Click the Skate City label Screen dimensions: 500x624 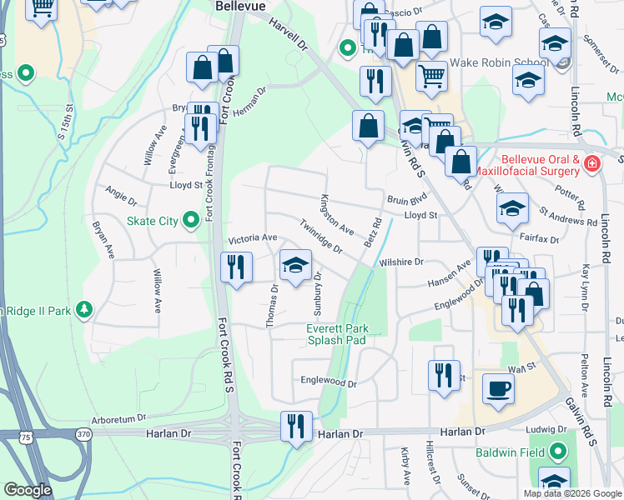pyautogui.click(x=152, y=221)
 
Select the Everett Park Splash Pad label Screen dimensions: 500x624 pyautogui.click(x=337, y=334)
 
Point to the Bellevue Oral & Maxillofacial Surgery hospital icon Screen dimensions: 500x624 pyautogui.click(x=591, y=164)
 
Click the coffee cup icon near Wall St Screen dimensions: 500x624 pyautogui.click(x=498, y=387)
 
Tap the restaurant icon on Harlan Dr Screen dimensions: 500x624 pyautogui.click(x=295, y=426)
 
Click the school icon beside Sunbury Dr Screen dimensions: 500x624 pyautogui.click(x=294, y=265)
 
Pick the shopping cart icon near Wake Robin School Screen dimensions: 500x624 pyautogui.click(x=431, y=77)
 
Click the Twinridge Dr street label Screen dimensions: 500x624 pyautogui.click(x=321, y=238)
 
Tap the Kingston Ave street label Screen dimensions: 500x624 pyautogui.click(x=337, y=214)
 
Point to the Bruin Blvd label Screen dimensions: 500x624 pyautogui.click(x=407, y=199)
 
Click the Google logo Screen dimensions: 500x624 pyautogui.click(x=28, y=490)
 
